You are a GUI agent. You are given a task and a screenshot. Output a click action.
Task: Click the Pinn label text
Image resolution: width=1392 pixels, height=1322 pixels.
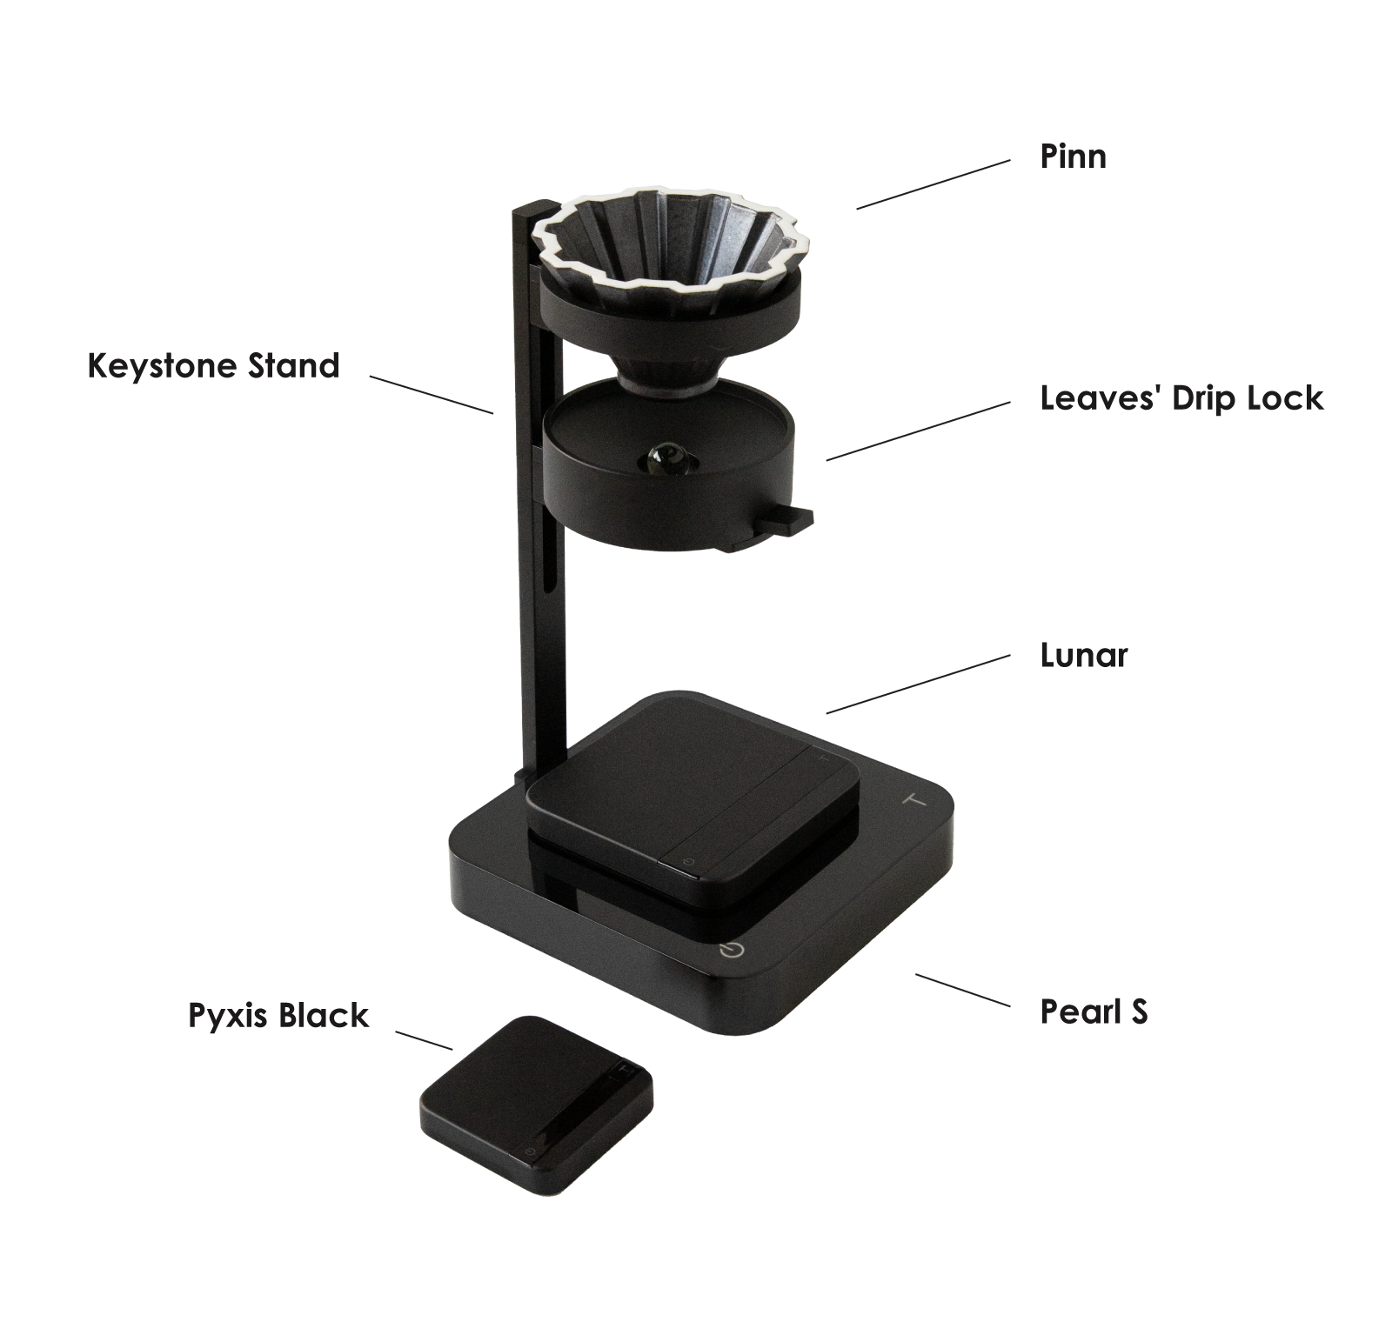[x=1073, y=157]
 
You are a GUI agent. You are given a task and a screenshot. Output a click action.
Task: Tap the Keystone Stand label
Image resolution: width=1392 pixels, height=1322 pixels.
[x=213, y=365]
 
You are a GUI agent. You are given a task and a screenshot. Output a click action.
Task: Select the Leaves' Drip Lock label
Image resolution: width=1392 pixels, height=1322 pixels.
[x=1181, y=398]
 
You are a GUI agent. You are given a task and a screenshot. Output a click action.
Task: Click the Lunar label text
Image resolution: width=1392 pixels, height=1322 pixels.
[x=1084, y=655]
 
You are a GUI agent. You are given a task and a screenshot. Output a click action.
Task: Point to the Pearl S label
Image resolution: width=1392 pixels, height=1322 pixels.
[x=1094, y=1012]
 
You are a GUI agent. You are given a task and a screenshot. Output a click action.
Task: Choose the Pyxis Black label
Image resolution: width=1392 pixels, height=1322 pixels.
[x=278, y=1016]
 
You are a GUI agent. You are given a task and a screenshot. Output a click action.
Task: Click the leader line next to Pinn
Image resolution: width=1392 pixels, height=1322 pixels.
[x=933, y=184]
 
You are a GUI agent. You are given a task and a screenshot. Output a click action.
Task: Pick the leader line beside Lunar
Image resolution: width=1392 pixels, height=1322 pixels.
[x=918, y=684]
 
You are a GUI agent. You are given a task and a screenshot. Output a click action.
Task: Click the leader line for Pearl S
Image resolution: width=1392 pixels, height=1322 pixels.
[x=962, y=991]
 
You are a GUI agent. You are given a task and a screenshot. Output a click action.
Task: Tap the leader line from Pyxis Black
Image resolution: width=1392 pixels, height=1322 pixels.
[x=424, y=1041]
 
